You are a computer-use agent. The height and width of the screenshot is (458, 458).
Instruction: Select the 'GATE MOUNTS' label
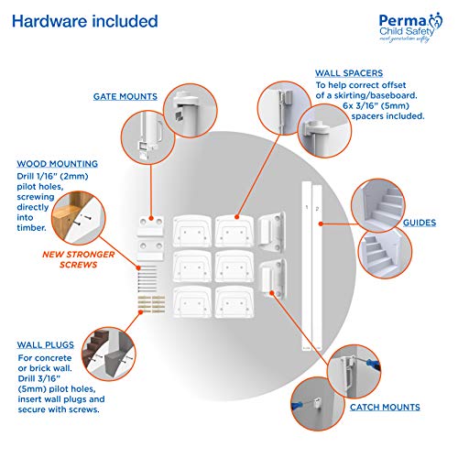(125, 95)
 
